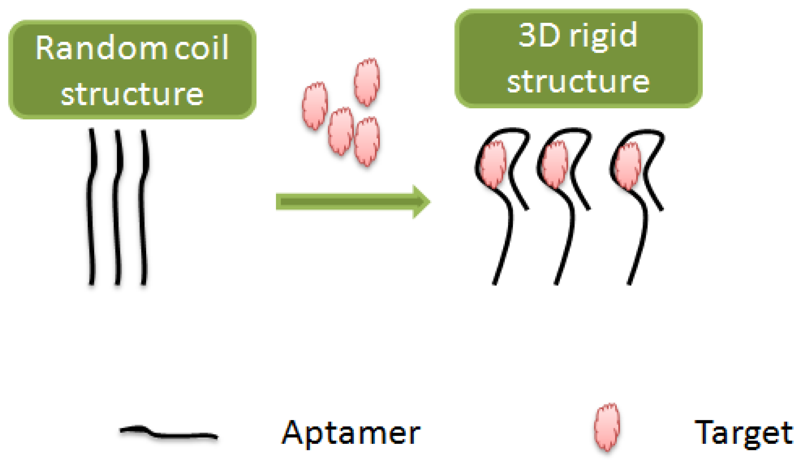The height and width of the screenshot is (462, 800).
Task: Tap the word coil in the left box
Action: (202, 48)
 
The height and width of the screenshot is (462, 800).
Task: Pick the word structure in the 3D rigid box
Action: (578, 81)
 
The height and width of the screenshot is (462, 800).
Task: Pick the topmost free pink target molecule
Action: (367, 81)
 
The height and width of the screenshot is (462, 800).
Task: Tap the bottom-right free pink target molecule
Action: (366, 141)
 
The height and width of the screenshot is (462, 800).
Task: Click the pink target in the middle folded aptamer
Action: (555, 164)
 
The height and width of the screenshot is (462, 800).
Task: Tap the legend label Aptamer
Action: (351, 432)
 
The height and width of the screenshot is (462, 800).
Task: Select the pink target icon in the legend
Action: (607, 427)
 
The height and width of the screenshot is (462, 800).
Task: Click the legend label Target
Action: (744, 432)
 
